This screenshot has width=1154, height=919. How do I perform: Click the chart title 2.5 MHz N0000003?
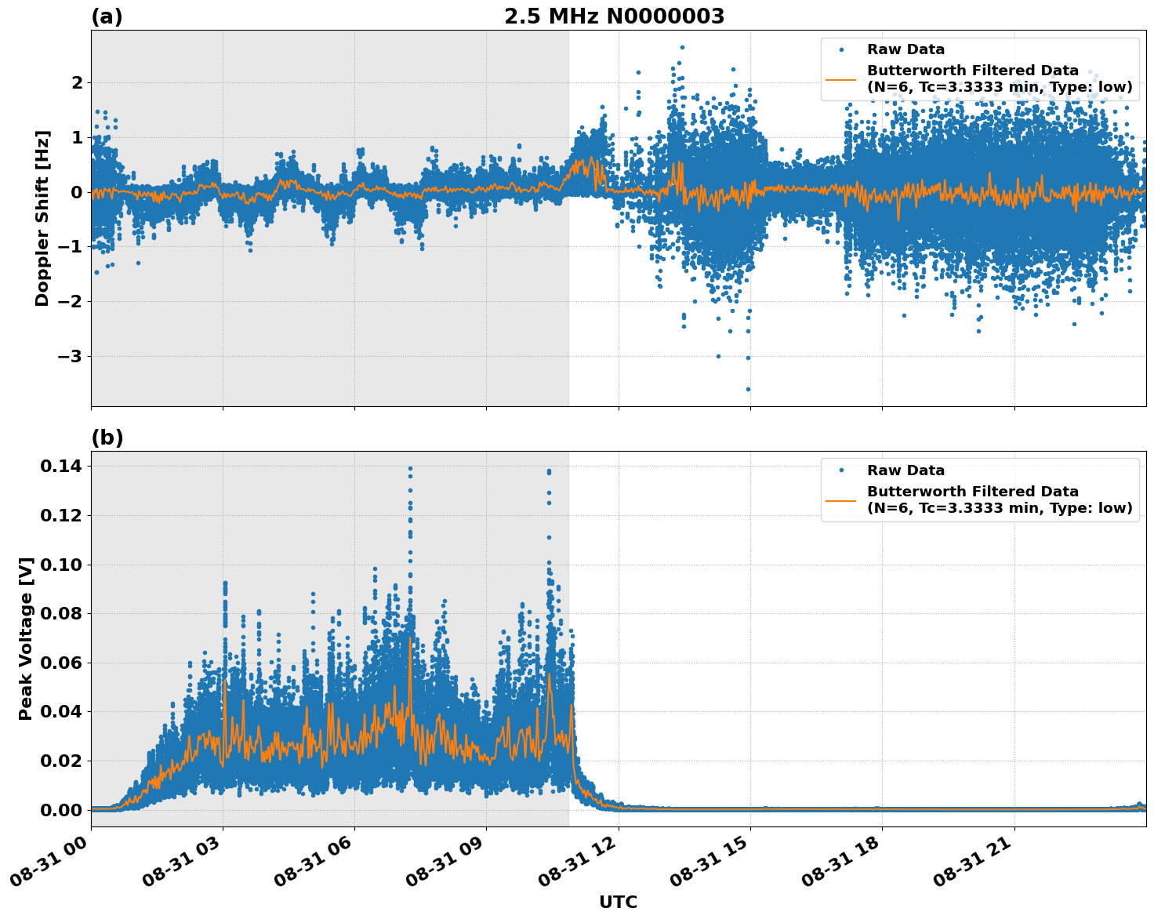click(x=614, y=16)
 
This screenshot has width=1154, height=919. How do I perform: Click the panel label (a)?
click(x=107, y=16)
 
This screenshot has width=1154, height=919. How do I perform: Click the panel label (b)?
click(x=107, y=438)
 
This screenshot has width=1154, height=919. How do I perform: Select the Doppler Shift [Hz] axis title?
click(x=42, y=218)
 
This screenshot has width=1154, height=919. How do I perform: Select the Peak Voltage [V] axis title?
click(x=26, y=638)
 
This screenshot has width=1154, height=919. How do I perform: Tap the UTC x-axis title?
click(x=618, y=902)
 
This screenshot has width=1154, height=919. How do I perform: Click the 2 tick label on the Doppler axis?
click(x=77, y=83)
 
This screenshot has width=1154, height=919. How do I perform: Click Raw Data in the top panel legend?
click(x=905, y=50)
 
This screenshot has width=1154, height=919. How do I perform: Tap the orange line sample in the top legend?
click(x=841, y=78)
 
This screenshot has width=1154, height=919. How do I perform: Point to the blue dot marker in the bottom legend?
click(x=841, y=470)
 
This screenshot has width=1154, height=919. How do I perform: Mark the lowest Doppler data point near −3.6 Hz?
click(x=748, y=389)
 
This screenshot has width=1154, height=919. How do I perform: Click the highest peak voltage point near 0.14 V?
click(x=410, y=469)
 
